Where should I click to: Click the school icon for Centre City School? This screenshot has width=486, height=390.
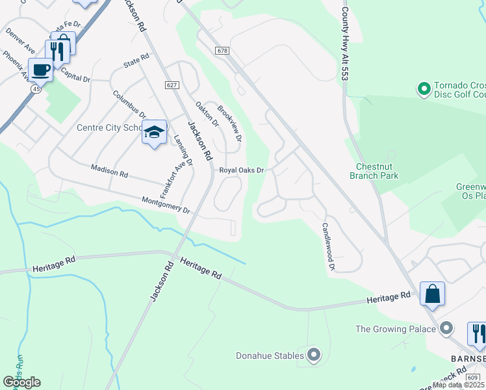154,132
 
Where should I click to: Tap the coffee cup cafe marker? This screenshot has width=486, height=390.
40,70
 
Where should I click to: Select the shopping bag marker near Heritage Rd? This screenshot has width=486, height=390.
432,294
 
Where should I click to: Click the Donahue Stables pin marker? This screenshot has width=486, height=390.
314,355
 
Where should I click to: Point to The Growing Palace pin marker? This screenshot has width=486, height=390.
446,329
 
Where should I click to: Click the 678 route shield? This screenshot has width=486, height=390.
222,50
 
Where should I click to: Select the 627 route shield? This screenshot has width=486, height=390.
172,85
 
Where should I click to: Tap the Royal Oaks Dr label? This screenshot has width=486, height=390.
241,170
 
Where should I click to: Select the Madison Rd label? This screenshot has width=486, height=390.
109,171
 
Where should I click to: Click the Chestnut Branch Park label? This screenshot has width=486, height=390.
374,171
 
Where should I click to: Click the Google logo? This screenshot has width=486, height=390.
21,382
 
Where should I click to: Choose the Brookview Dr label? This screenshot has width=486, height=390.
229,124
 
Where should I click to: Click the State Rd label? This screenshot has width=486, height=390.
136,62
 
